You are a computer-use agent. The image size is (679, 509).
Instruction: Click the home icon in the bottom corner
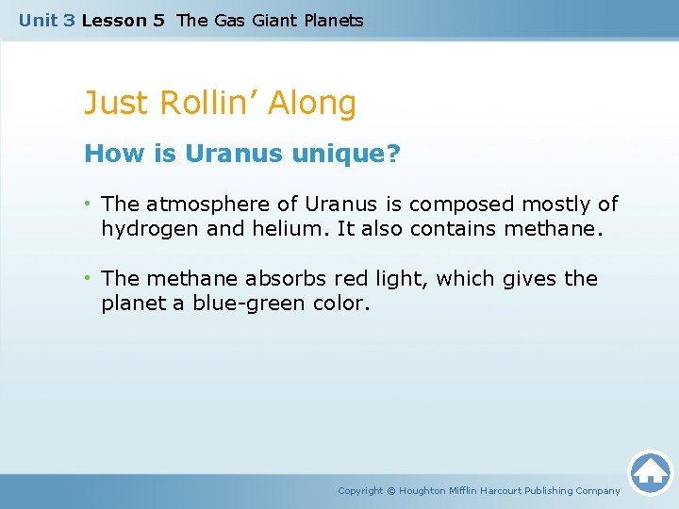pos(650,471)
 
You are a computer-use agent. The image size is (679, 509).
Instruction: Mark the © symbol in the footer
pos(391,490)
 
